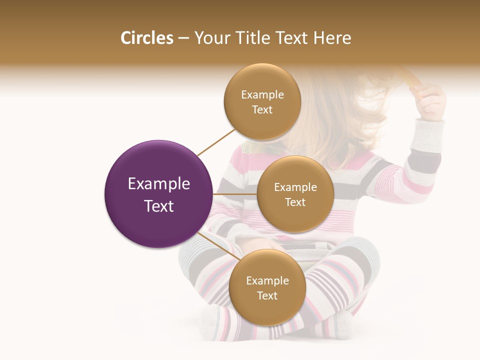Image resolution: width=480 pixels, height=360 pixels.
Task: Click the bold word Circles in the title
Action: pyautogui.click(x=146, y=38)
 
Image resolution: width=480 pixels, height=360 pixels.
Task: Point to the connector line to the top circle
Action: pyautogui.click(x=216, y=142)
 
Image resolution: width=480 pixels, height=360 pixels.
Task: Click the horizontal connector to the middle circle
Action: pyautogui.click(x=235, y=194)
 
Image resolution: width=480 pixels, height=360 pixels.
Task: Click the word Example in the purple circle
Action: pyautogui.click(x=159, y=184)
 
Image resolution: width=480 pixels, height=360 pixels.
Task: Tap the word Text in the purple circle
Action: pyautogui.click(x=159, y=206)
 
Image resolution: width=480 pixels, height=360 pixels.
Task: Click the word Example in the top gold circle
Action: pyautogui.click(x=262, y=95)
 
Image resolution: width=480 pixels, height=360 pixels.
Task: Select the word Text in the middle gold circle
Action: pyautogui.click(x=295, y=202)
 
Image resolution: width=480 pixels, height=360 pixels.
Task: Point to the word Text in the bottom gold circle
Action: pyautogui.click(x=267, y=296)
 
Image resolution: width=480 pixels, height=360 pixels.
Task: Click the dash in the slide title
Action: pyautogui.click(x=183, y=38)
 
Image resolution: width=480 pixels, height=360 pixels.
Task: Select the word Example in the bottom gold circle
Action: pyautogui.click(x=267, y=281)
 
